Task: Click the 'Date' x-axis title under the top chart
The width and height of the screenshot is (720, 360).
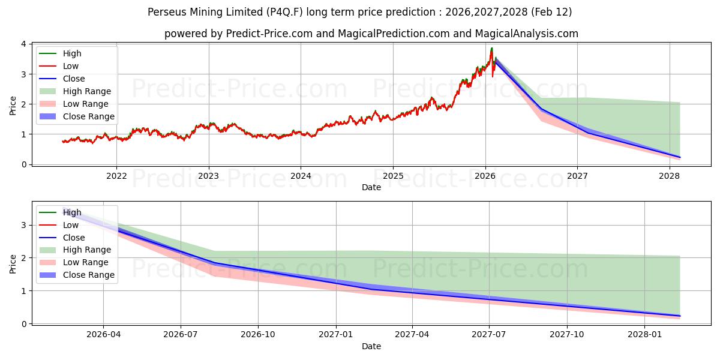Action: [371, 187]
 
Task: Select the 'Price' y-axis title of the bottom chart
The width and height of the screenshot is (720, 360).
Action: [13, 263]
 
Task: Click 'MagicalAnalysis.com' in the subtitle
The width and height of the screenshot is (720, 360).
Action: [526, 34]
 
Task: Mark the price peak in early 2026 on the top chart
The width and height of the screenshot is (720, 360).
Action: [492, 48]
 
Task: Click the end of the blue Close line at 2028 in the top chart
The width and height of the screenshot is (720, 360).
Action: [680, 157]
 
